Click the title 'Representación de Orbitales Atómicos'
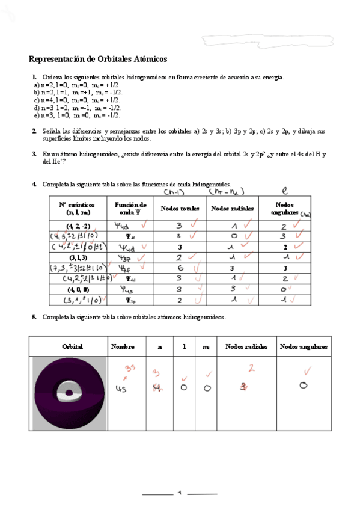pyautogui.click(x=98, y=59)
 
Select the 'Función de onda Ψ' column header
pyautogui.click(x=130, y=209)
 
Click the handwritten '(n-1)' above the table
pyautogui.click(x=175, y=192)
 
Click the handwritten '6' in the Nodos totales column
pyautogui.click(x=179, y=268)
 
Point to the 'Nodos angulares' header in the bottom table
pyautogui.click(x=304, y=346)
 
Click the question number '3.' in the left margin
pyautogui.click(x=34, y=155)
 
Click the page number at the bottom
pyautogui.click(x=179, y=493)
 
